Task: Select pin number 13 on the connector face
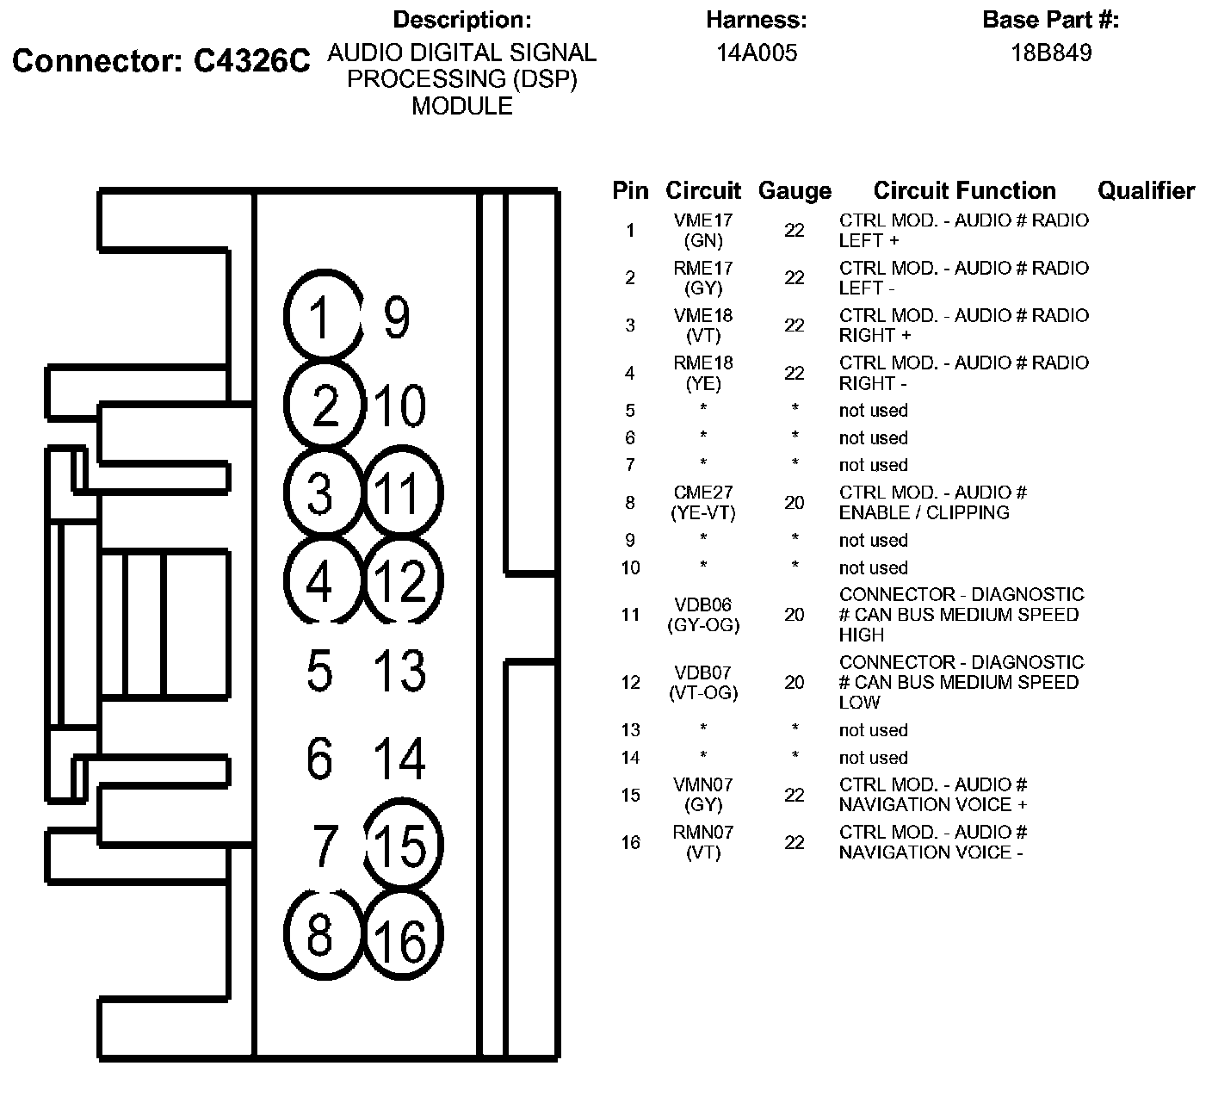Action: tap(400, 671)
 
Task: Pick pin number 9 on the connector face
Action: tap(396, 317)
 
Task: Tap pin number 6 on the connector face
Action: tap(319, 759)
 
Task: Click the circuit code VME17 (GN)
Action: tap(703, 231)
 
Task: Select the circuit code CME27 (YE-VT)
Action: tap(703, 502)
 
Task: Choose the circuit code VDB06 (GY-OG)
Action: tap(703, 615)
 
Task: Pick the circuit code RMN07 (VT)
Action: tap(703, 842)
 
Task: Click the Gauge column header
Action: tap(794, 190)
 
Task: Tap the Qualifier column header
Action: tap(1146, 190)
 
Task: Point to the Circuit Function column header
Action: tap(964, 190)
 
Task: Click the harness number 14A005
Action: tap(757, 53)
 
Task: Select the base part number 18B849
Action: tap(1051, 53)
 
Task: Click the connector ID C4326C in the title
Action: tap(251, 61)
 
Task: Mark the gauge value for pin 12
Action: tap(794, 682)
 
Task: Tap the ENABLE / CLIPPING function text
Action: tap(924, 512)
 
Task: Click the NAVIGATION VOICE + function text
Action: tap(933, 805)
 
